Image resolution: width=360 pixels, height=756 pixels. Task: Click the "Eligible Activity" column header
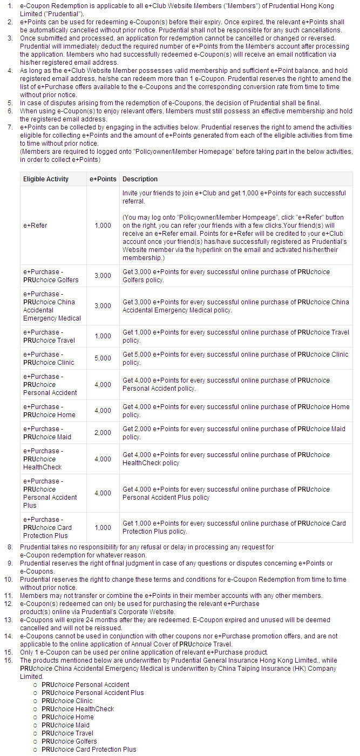coord(46,179)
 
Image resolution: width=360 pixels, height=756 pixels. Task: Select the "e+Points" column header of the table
coord(103,179)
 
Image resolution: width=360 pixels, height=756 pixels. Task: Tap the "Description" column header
coord(140,179)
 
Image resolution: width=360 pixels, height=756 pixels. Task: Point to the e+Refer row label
coord(35,226)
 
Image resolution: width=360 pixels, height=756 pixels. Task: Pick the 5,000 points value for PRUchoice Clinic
coord(103,358)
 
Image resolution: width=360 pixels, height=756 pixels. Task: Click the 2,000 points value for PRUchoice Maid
coord(103,433)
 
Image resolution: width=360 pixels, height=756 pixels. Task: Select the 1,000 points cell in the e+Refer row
coord(103,226)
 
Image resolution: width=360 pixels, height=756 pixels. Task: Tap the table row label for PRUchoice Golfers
coord(50,276)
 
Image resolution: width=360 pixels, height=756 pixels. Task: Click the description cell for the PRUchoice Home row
coord(236,411)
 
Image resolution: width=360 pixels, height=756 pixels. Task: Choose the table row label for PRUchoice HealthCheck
coord(43,459)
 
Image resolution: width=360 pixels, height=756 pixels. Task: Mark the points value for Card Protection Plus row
coord(103,528)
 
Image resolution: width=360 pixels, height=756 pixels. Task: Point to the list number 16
coord(9,660)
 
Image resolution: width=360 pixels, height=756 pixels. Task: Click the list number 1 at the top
coord(10,6)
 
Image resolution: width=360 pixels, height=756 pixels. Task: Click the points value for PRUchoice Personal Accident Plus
coord(103,493)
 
